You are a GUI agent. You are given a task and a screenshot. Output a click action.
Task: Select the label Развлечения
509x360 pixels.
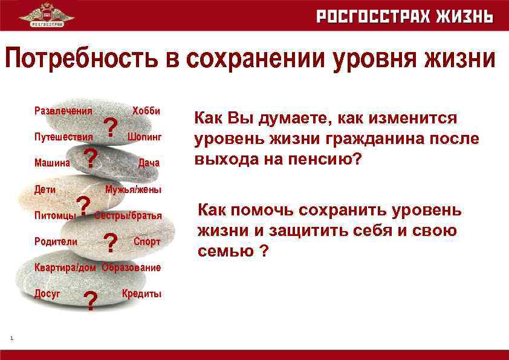[x=63, y=111]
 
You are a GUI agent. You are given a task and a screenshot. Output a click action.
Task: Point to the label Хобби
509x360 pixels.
[x=146, y=111]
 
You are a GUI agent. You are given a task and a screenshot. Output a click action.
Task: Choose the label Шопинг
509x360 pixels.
[x=144, y=137]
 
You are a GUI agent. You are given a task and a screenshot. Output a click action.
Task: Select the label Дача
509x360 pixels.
[x=149, y=163]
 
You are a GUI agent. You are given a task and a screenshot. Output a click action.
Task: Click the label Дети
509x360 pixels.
[x=45, y=189]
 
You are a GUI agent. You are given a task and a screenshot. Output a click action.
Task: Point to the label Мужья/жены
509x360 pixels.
[x=133, y=189]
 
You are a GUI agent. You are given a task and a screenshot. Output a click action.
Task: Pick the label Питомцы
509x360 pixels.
[x=54, y=215]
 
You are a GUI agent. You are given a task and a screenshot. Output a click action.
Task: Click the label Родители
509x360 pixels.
[x=56, y=241]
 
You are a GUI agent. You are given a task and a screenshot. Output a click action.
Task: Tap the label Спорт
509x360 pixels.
[x=147, y=241]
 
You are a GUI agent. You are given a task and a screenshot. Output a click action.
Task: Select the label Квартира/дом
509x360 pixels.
[x=65, y=267]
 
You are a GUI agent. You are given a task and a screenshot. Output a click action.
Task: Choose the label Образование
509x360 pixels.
[x=131, y=267]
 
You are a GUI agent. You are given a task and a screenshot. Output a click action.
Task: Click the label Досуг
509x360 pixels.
[x=47, y=294]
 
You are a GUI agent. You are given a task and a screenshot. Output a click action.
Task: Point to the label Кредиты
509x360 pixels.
[x=141, y=294]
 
